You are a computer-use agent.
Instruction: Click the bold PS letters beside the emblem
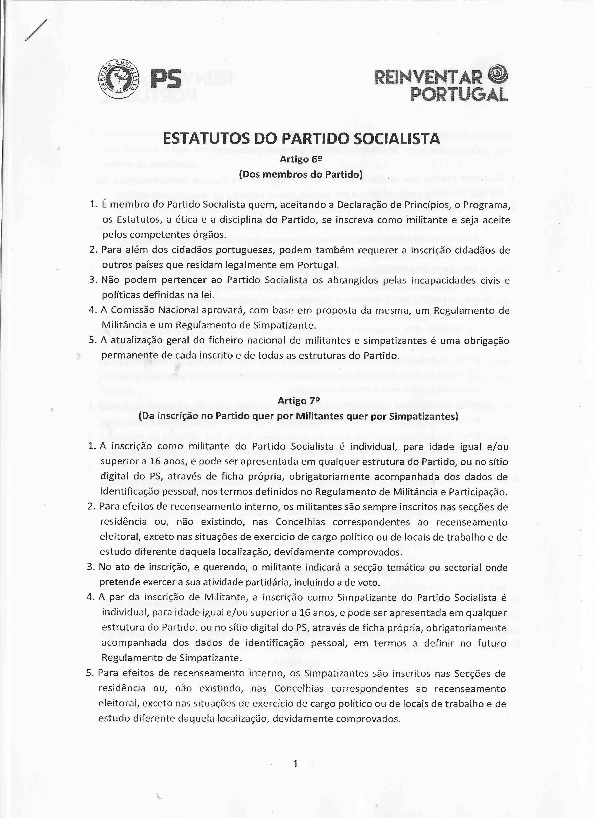[166, 79]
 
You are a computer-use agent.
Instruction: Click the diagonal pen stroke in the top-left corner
[36, 30]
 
